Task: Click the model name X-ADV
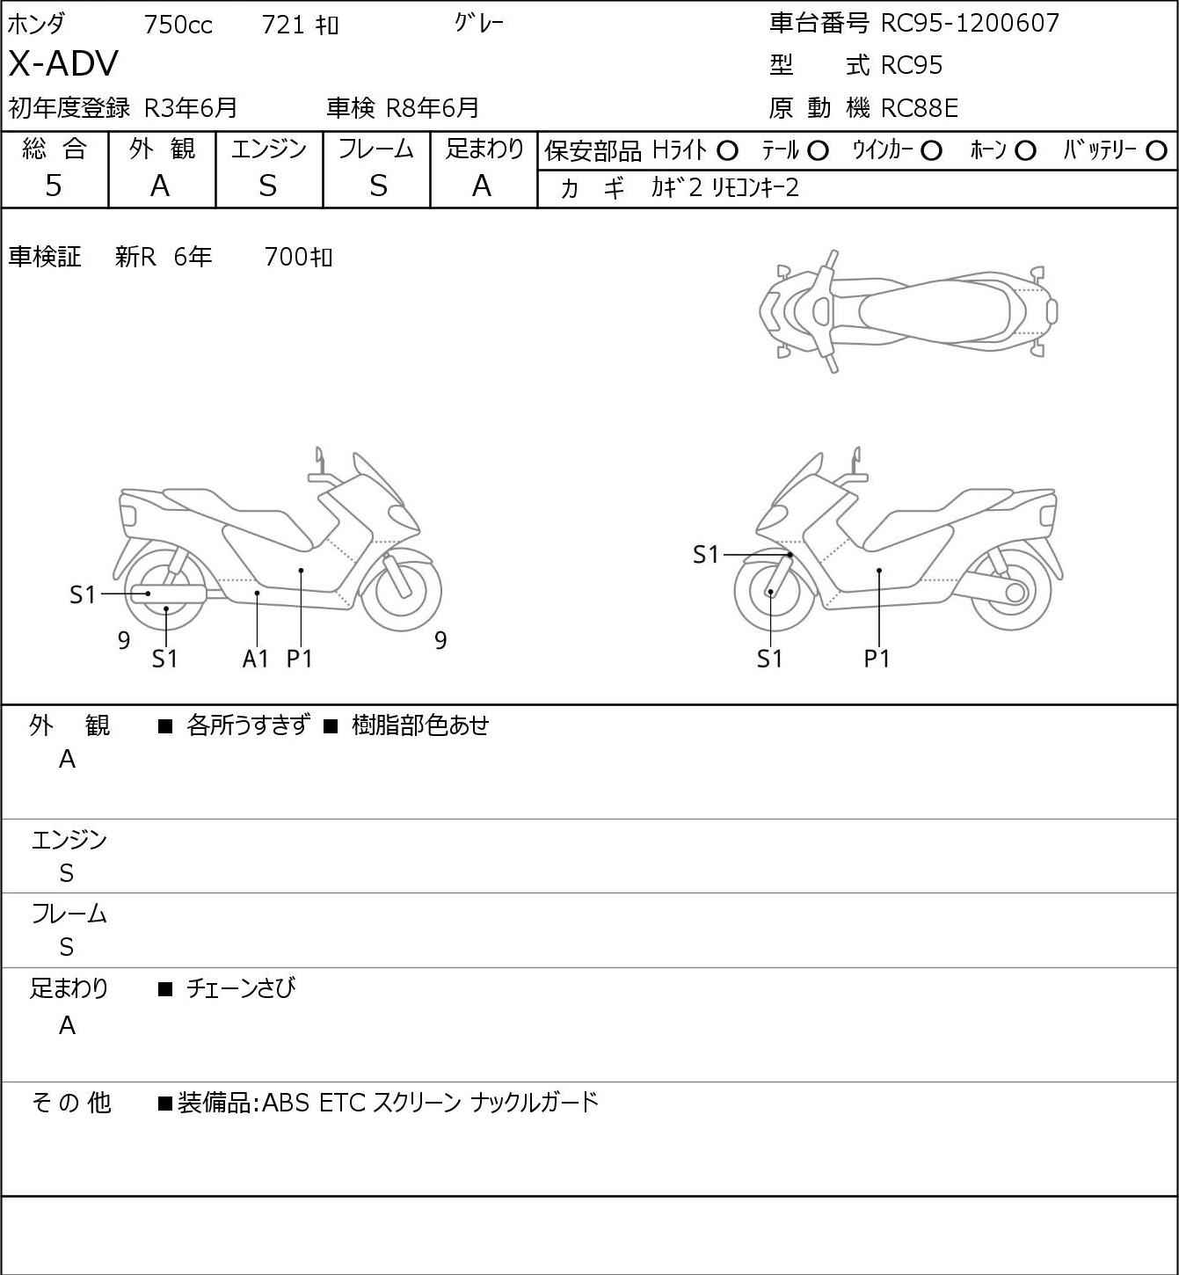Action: pyautogui.click(x=63, y=64)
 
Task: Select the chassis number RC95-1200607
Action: pyautogui.click(x=970, y=23)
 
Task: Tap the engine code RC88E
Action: pyautogui.click(x=919, y=108)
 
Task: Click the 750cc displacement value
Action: pyautogui.click(x=178, y=25)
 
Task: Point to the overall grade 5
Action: pyautogui.click(x=54, y=186)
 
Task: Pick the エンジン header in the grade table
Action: pyautogui.click(x=269, y=149)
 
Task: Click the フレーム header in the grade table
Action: pyautogui.click(x=376, y=149)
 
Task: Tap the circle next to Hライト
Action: pyautogui.click(x=727, y=151)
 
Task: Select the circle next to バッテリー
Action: pyautogui.click(x=1157, y=151)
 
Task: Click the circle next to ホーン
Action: pyautogui.click(x=1025, y=151)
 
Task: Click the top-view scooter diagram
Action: pyautogui.click(x=908, y=311)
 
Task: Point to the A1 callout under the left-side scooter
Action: pyautogui.click(x=255, y=658)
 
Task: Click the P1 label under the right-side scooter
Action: pyautogui.click(x=877, y=658)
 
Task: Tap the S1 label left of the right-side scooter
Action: pyautogui.click(x=706, y=555)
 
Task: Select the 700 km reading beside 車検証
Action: pyautogui.click(x=298, y=257)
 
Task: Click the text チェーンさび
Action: pyautogui.click(x=241, y=988)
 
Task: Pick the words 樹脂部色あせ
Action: pyautogui.click(x=419, y=725)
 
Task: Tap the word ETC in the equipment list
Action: pyautogui.click(x=342, y=1102)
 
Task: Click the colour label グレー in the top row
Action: pyautogui.click(x=479, y=24)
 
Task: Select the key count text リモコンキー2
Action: pyautogui.click(x=755, y=188)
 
